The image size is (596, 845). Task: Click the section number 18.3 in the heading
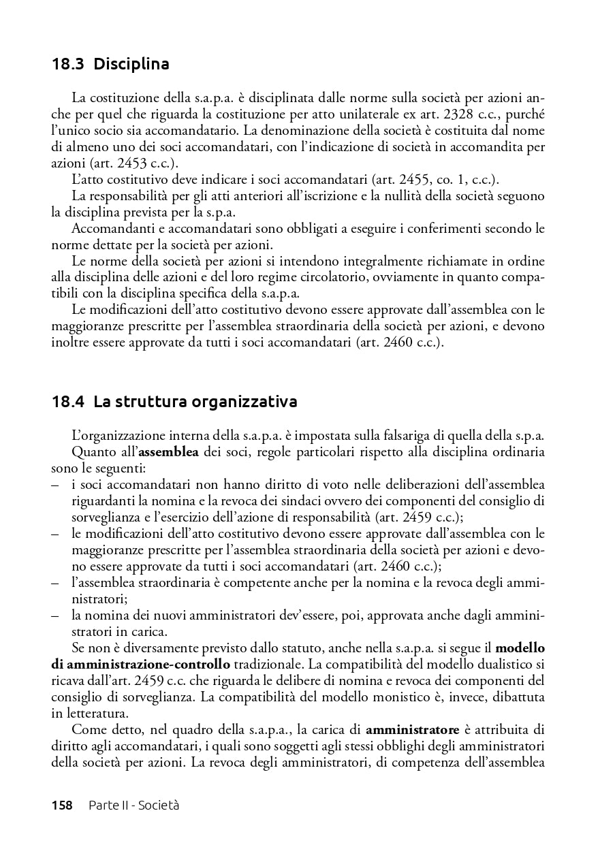coord(69,65)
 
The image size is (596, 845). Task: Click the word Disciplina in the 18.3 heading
coord(131,65)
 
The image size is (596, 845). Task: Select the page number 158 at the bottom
coord(62,806)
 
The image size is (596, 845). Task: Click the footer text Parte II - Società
coord(134,806)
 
